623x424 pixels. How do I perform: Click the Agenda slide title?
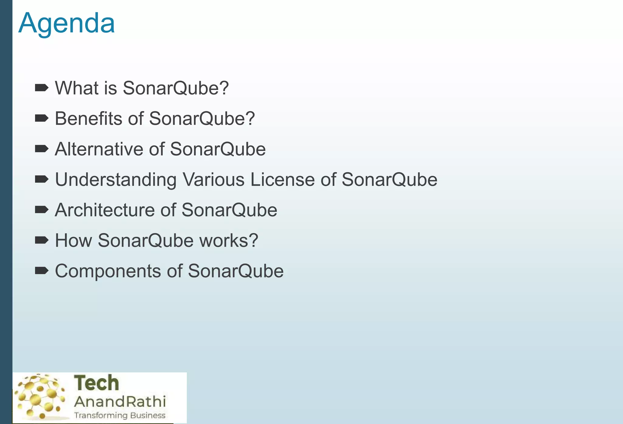click(67, 23)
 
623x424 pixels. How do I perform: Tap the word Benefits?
click(88, 118)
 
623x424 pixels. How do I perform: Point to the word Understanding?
click(116, 180)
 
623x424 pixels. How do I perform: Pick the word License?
click(282, 180)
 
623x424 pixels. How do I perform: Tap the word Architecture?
click(105, 210)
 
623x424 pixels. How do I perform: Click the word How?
click(73, 241)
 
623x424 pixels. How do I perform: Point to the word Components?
click(108, 271)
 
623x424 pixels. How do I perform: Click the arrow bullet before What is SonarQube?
click(42, 88)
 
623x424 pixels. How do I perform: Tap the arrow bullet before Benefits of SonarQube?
click(42, 118)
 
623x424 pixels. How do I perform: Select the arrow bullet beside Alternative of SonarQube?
click(42, 149)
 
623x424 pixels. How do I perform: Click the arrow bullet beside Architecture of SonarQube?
click(42, 210)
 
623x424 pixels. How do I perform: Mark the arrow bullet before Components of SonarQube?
click(42, 271)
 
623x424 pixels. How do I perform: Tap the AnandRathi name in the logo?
click(120, 401)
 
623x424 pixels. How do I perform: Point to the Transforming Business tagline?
click(120, 415)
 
